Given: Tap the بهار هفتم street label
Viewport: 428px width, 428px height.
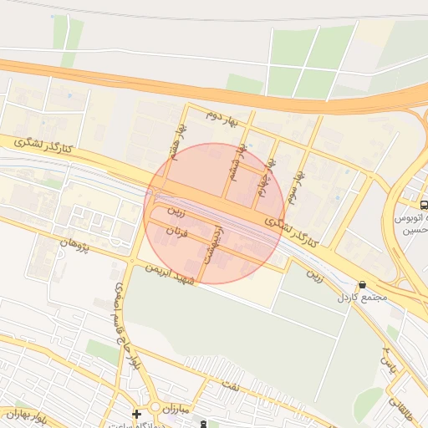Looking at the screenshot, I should tap(177, 140).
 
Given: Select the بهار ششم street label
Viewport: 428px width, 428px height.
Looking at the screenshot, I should tap(241, 158).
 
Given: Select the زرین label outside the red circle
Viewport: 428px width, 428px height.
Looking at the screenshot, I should tap(313, 273).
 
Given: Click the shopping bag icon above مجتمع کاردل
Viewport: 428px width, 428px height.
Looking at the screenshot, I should tap(361, 285).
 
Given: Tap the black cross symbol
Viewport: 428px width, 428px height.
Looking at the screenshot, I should tap(136, 414).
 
